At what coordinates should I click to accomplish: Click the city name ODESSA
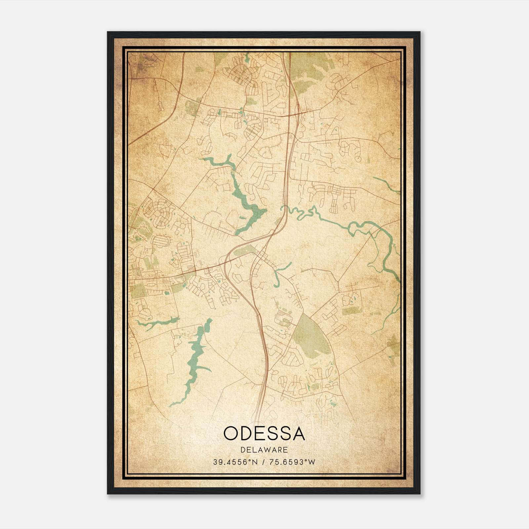264,433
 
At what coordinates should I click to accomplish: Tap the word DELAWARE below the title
264,450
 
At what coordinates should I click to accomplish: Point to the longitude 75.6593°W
293,462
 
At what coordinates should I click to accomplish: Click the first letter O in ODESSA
231,433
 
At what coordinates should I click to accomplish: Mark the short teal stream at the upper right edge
387,185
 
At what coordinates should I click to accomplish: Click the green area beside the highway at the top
304,73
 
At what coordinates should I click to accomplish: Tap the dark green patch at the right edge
394,344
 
